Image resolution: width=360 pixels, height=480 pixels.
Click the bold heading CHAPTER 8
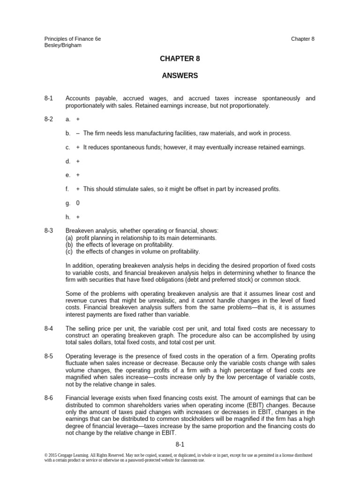click(x=180, y=59)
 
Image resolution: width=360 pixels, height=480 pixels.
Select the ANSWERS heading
click(x=180, y=75)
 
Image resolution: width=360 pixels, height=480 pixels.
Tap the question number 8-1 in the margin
click(x=49, y=98)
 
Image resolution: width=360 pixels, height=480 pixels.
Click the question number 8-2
click(x=49, y=120)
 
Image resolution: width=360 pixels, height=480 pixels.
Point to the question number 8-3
click(x=49, y=231)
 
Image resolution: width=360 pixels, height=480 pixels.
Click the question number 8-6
click(x=49, y=398)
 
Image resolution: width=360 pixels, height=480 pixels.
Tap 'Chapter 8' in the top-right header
click(x=302, y=38)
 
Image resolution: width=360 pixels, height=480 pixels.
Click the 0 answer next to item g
click(x=78, y=203)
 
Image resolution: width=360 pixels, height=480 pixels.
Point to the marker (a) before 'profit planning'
click(x=69, y=238)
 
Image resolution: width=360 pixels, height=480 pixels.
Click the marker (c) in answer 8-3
click(x=69, y=251)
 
